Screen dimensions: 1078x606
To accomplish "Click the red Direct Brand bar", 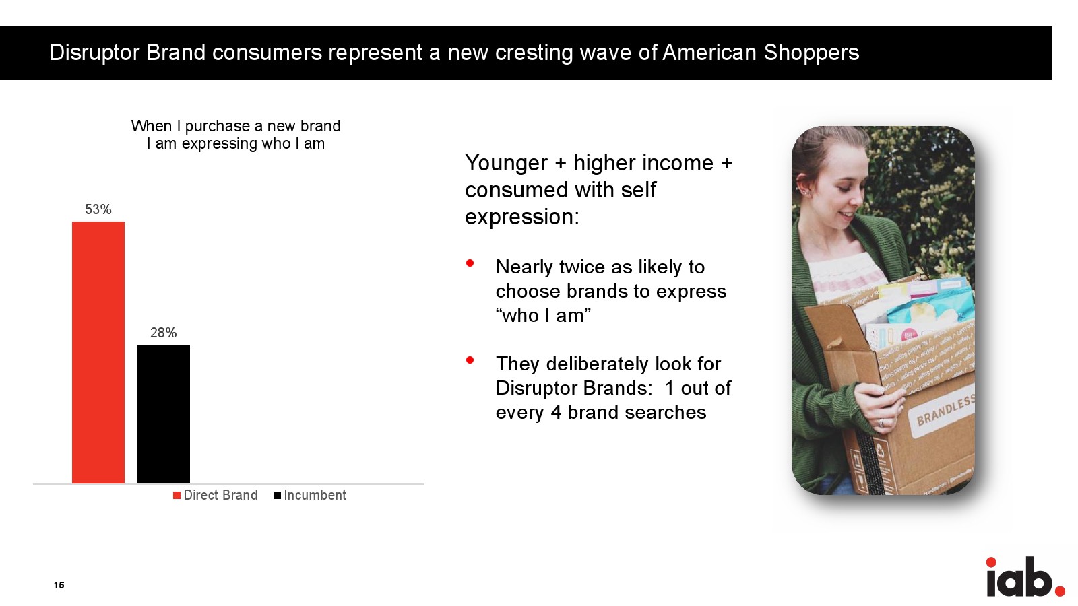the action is click(x=98, y=353).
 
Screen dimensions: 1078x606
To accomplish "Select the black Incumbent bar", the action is click(x=164, y=415).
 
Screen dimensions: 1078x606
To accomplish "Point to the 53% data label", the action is click(x=98, y=209).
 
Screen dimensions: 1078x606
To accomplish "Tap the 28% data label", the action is click(x=164, y=333).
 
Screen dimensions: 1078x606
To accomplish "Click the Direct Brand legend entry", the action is click(x=216, y=496).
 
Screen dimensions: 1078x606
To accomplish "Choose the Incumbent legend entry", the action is click(x=310, y=496).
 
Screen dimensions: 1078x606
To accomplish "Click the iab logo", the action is click(x=1025, y=576).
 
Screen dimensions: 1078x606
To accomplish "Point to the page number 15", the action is click(x=59, y=585).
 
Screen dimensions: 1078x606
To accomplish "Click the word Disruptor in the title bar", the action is click(x=95, y=53).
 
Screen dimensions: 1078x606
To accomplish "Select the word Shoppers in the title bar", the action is click(x=811, y=53).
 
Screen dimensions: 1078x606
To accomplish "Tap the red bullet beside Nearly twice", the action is click(x=470, y=263).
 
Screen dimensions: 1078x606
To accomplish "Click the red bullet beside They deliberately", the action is click(x=470, y=360).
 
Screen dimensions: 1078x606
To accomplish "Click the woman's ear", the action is click(x=801, y=185).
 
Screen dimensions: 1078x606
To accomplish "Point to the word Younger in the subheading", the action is click(x=506, y=163).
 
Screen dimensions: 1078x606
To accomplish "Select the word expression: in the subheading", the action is click(x=522, y=217).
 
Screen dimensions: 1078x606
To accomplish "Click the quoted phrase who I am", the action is click(x=543, y=316).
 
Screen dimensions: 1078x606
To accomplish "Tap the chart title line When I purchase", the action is click(x=236, y=126).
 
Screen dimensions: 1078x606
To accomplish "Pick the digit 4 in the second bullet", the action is click(x=556, y=413).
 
